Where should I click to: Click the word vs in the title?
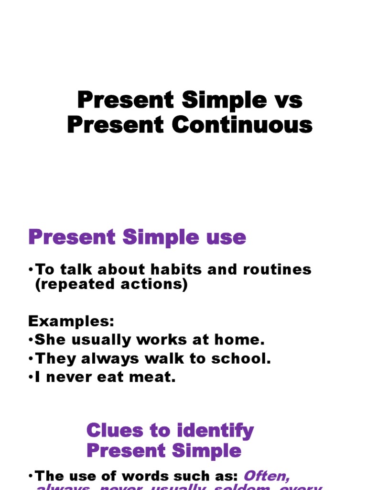(x=288, y=101)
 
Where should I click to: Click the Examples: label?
(x=72, y=320)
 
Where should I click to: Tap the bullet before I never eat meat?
(x=31, y=378)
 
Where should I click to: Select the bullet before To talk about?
(x=31, y=269)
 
